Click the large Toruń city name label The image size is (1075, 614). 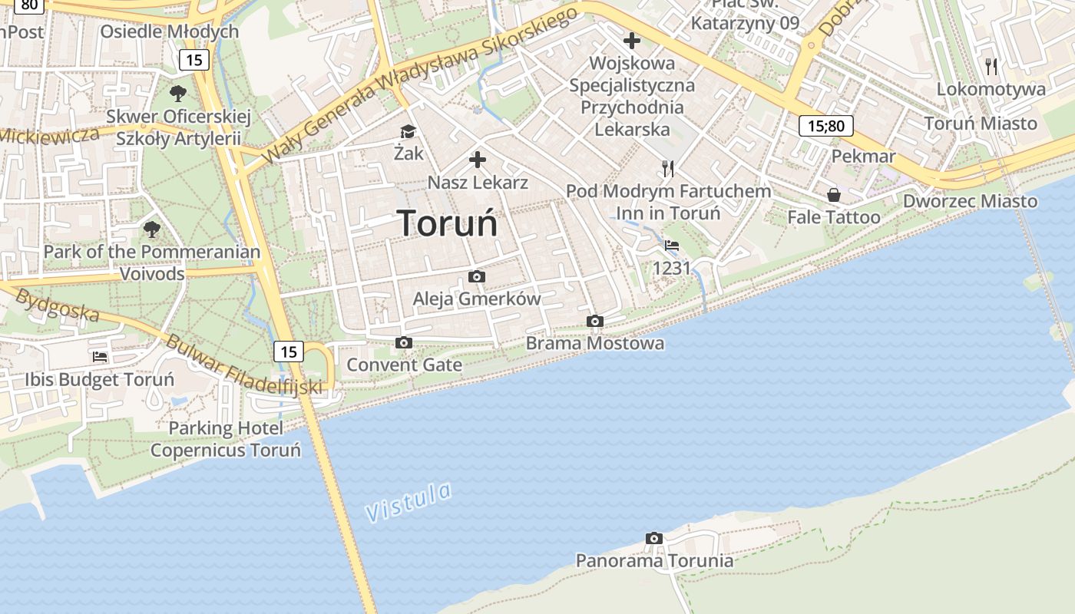pyautogui.click(x=448, y=223)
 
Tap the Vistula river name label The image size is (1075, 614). pyautogui.click(x=408, y=502)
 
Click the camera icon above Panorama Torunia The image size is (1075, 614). pyautogui.click(x=654, y=538)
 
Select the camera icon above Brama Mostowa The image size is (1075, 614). pyautogui.click(x=594, y=321)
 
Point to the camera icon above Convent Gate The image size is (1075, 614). pyautogui.click(x=404, y=342)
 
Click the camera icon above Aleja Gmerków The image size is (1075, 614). pyautogui.click(x=477, y=276)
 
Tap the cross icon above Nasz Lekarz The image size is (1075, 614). pyautogui.click(x=478, y=160)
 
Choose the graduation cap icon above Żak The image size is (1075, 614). pyautogui.click(x=408, y=132)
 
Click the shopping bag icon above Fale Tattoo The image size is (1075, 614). pyautogui.click(x=834, y=195)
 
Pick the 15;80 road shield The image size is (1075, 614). pyautogui.click(x=825, y=126)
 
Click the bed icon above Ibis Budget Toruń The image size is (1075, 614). pyautogui.click(x=100, y=356)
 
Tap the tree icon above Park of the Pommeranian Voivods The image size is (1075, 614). pyautogui.click(x=152, y=229)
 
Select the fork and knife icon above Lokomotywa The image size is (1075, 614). pyautogui.click(x=991, y=66)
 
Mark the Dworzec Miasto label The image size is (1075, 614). pyautogui.click(x=970, y=201)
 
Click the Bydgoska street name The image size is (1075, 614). pyautogui.click(x=58, y=305)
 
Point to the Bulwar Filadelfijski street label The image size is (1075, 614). pyautogui.click(x=244, y=366)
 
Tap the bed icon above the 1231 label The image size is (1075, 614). pyautogui.click(x=672, y=246)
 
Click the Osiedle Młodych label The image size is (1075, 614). pyautogui.click(x=170, y=31)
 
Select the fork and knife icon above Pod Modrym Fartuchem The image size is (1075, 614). pyautogui.click(x=668, y=168)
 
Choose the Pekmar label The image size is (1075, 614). pyautogui.click(x=864, y=157)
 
